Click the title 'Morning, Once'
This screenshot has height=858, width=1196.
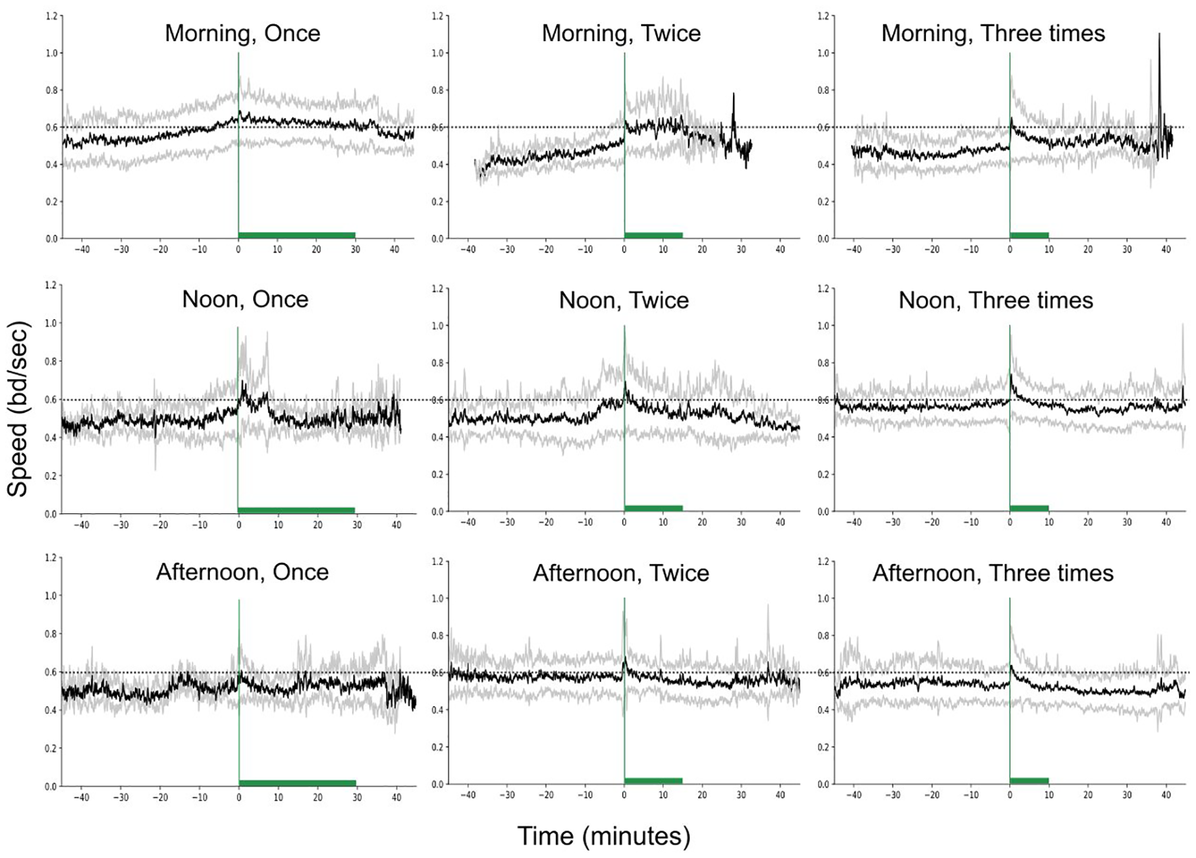[242, 33]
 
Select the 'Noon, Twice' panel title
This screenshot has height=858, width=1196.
[624, 300]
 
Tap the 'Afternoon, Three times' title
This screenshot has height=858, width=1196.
[993, 573]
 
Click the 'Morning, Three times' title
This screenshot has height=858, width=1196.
[993, 33]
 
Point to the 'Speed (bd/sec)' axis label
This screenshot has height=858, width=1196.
[18, 409]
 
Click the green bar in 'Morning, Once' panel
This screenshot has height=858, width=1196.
[297, 235]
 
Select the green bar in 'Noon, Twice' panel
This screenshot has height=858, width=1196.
[653, 508]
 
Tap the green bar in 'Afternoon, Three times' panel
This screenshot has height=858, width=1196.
[1029, 780]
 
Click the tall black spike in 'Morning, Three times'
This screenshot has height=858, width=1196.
[1159, 40]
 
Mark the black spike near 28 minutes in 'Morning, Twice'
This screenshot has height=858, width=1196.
[734, 98]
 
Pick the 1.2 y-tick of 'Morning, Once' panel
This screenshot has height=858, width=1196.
[51, 16]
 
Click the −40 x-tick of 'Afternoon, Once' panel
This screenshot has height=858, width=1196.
[82, 797]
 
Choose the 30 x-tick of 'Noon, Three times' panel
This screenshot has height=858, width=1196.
[1127, 522]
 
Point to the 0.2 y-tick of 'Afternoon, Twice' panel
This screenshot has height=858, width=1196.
[438, 747]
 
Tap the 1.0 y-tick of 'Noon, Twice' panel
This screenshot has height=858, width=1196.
[438, 326]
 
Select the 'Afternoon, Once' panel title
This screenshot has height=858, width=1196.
[242, 572]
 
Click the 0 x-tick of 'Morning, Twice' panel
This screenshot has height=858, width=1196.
[624, 250]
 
